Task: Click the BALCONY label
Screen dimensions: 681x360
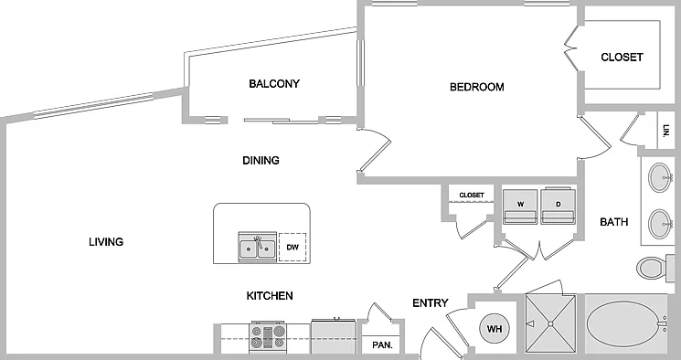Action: click(x=274, y=83)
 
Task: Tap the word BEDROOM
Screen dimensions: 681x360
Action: click(x=477, y=87)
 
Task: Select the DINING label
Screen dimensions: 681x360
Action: click(x=261, y=160)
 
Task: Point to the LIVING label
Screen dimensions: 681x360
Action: click(x=106, y=242)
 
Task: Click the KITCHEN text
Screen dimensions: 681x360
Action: click(x=270, y=296)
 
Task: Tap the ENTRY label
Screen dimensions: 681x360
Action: click(x=431, y=302)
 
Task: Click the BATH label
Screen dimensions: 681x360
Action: click(x=613, y=222)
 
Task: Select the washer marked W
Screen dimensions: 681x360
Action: click(x=520, y=206)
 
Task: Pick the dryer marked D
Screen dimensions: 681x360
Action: click(x=559, y=206)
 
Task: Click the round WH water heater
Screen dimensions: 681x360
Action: click(x=495, y=329)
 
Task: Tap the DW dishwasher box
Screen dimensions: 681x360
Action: click(x=293, y=247)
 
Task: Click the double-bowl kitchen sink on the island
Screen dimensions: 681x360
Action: click(x=258, y=247)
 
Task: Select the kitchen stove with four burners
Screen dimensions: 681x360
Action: click(x=268, y=336)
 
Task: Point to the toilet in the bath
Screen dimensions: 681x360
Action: click(x=652, y=268)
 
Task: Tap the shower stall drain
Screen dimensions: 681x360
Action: click(x=550, y=323)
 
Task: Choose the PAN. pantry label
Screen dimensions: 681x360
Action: click(x=382, y=345)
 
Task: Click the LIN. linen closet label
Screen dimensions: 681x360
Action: click(x=666, y=131)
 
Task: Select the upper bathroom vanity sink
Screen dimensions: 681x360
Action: click(x=660, y=177)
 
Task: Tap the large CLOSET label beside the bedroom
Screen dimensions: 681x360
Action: click(x=622, y=57)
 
